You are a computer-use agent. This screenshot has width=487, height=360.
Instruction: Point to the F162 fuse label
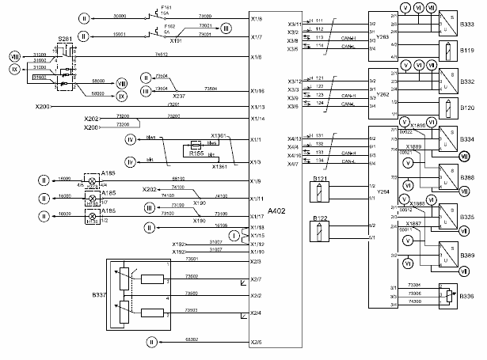tap(169, 25)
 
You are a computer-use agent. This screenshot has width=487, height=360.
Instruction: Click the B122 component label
tap(321, 217)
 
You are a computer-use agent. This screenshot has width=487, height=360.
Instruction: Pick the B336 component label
tap(466, 296)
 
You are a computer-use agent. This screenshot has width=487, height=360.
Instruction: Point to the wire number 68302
tap(191, 339)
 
